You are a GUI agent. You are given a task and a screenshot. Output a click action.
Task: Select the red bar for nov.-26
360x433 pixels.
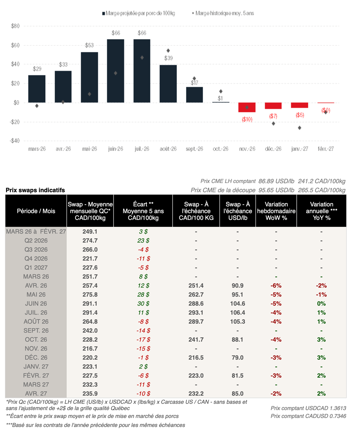coord(247,107)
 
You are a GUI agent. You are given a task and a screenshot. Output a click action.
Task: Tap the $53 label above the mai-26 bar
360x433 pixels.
coord(89,45)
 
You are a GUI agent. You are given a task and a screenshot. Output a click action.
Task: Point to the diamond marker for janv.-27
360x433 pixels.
coord(300,128)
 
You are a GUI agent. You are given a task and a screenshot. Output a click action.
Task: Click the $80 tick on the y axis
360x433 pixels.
coord(15,26)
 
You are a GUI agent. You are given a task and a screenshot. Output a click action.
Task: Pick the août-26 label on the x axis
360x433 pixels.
coord(168,149)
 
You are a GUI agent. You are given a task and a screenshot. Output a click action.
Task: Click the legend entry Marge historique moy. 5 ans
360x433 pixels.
coord(224,13)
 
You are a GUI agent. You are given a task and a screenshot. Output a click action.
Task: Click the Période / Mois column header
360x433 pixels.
coord(36,211)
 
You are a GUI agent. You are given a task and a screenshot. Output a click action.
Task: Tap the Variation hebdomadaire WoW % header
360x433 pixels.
coord(276,211)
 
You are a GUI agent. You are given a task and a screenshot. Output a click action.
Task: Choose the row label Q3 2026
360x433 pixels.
coord(36,250)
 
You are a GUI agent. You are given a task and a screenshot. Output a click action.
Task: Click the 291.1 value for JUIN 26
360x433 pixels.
coord(90,304)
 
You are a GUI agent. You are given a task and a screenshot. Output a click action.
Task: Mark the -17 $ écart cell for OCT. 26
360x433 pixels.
coord(143,340)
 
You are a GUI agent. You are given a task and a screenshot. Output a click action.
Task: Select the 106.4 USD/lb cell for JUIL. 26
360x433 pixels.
coord(238,313)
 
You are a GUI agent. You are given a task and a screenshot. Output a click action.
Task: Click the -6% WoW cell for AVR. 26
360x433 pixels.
coord(276,286)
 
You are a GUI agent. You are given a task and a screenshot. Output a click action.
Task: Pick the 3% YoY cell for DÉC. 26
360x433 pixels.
coord(321,357)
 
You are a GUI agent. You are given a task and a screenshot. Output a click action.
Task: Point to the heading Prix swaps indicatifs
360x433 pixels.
coord(35,190)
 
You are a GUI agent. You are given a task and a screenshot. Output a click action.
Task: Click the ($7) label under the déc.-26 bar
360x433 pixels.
coord(273,116)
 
